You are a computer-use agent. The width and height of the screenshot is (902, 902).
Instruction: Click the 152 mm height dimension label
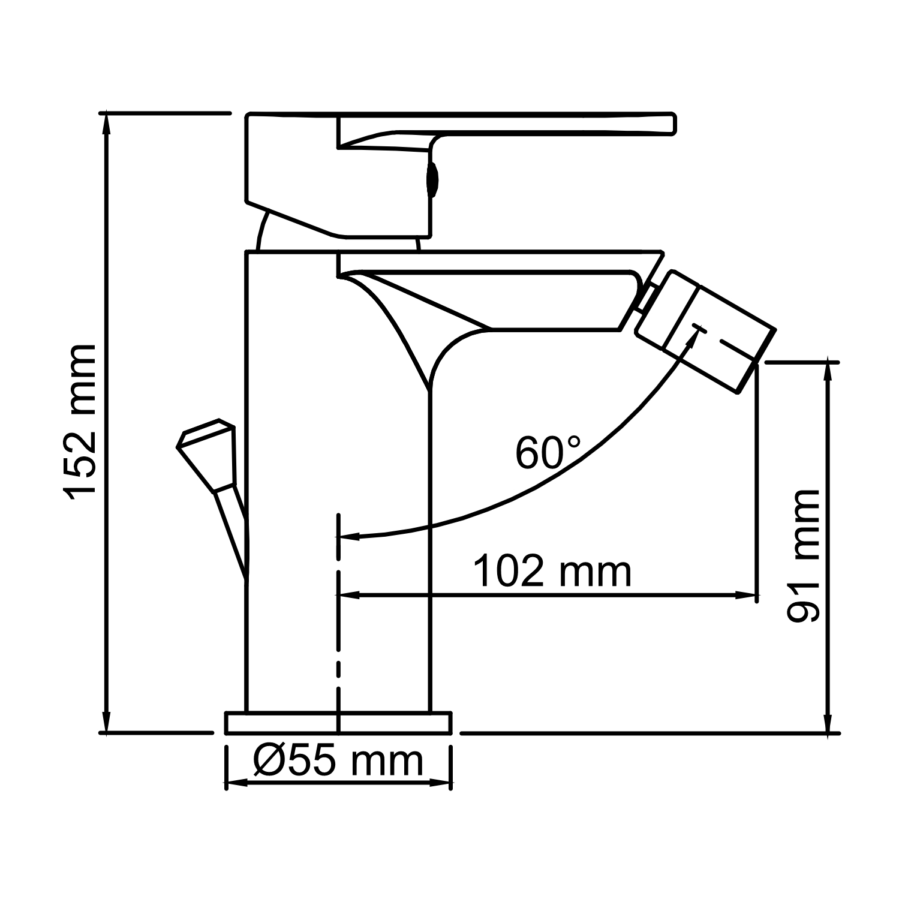[80, 422]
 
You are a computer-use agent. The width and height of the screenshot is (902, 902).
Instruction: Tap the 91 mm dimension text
[804, 555]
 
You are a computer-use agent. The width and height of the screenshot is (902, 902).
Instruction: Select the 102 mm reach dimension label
[552, 572]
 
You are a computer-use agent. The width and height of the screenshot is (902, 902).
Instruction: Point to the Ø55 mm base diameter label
[338, 761]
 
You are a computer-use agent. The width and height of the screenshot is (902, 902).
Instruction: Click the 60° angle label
[548, 453]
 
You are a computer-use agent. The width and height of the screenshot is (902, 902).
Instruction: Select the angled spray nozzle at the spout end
[705, 331]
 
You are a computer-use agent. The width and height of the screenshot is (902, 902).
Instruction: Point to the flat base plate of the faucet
[338, 723]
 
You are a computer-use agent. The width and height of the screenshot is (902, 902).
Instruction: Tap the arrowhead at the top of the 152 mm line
[107, 122]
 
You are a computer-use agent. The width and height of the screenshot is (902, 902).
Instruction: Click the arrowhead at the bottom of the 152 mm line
[107, 723]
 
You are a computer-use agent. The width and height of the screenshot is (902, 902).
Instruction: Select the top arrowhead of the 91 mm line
[829, 372]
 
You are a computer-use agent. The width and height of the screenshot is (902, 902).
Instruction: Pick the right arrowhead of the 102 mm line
[749, 595]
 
